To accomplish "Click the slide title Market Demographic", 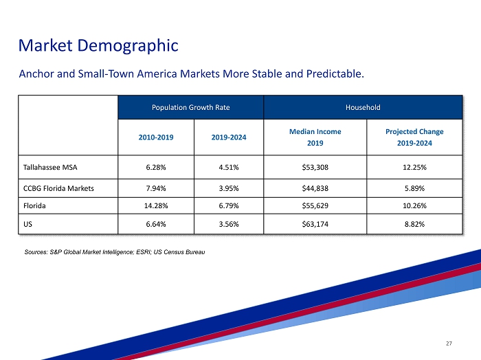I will (98, 46).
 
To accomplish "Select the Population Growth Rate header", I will (191, 108).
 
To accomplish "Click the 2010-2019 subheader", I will (156, 137).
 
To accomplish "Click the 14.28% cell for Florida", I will (156, 205).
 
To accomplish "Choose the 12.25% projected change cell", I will (414, 167).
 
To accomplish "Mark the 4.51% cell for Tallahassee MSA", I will (229, 167).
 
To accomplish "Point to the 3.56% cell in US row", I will (229, 223).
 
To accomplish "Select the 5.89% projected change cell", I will (414, 188).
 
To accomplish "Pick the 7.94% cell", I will (156, 188).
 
